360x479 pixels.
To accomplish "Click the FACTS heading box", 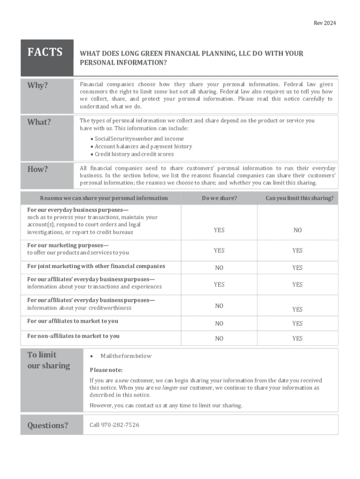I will [x=45, y=52].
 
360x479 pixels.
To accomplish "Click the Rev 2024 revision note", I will [x=325, y=23].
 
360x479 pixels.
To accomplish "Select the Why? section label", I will [x=38, y=86].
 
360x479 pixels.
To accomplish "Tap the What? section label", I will [x=39, y=122].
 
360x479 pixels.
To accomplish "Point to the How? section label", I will [x=37, y=169].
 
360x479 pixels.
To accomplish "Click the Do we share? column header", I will [x=219, y=198].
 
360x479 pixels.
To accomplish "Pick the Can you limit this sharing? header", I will [x=299, y=198].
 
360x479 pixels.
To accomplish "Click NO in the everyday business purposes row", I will [x=297, y=230].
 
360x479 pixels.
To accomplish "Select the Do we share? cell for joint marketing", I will [x=219, y=268].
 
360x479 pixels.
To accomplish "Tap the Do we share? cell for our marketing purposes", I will [x=219, y=251].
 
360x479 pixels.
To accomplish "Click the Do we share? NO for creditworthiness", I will [x=219, y=306].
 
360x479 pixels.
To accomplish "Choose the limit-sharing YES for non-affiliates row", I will [x=297, y=339].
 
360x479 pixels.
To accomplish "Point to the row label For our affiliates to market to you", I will [x=72, y=321].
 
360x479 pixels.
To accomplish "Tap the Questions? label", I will [x=48, y=425].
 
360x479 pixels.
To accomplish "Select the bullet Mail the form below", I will [x=126, y=356].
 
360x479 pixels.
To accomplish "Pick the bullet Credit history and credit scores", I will [x=134, y=154].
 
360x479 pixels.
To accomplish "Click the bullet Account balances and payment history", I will [x=143, y=146].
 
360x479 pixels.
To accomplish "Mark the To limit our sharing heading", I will [x=49, y=360].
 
